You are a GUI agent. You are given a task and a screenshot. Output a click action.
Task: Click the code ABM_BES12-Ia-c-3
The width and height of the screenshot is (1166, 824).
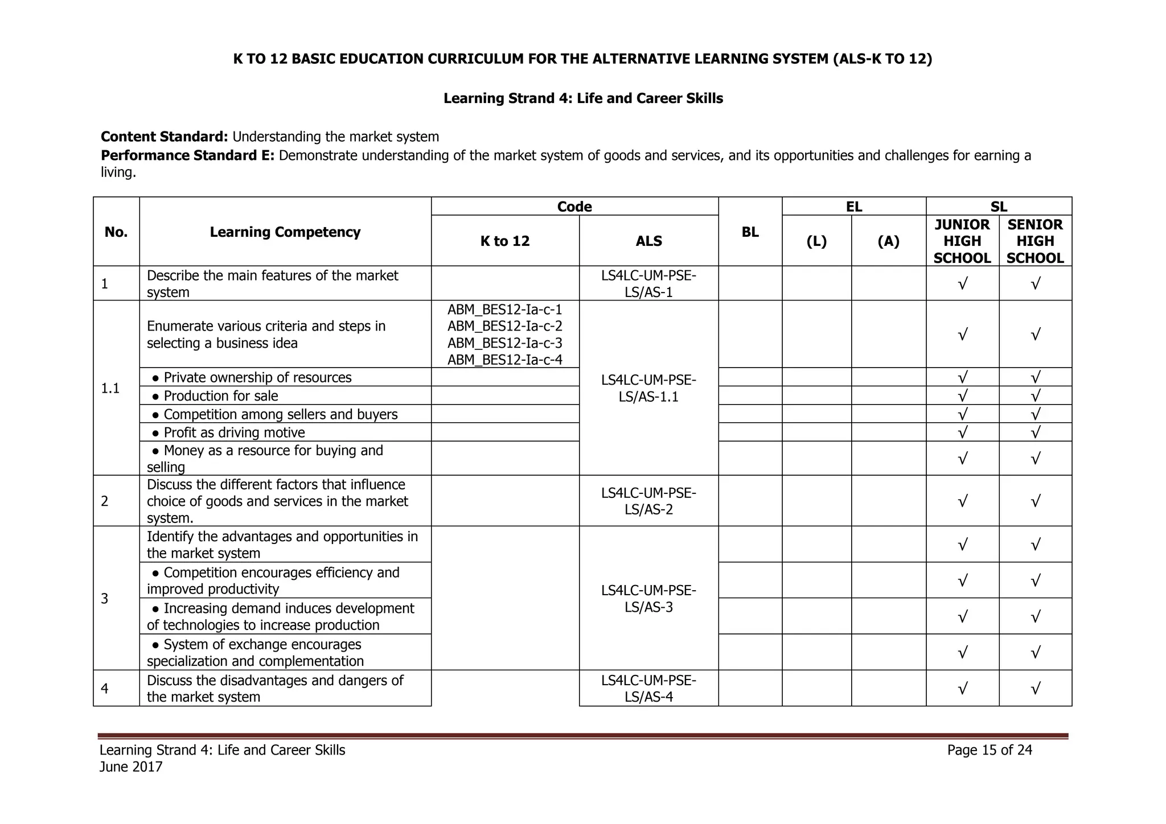pyautogui.click(x=504, y=343)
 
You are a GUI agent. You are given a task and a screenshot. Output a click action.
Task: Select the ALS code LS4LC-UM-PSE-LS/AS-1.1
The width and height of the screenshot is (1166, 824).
pyautogui.click(x=648, y=388)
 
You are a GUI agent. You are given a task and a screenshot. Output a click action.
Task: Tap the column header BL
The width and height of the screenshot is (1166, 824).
pyautogui.click(x=750, y=232)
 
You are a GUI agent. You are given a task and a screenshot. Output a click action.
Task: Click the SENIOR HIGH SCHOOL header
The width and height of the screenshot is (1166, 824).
pyautogui.click(x=1034, y=241)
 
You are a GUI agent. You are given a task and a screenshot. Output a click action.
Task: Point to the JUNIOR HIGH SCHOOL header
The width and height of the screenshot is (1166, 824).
pyautogui.click(x=962, y=241)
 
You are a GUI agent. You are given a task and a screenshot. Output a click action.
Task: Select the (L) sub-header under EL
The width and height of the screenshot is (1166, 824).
pyautogui.click(x=816, y=241)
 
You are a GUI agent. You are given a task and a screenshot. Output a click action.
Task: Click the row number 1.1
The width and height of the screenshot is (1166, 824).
pyautogui.click(x=110, y=388)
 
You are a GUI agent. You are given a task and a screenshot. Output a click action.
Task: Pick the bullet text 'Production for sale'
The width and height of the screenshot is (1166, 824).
pyautogui.click(x=221, y=395)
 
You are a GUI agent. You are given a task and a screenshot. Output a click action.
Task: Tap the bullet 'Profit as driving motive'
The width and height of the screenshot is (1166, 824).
pyautogui.click(x=234, y=432)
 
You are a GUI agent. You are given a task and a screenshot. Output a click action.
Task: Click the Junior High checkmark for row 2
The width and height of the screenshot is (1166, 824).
pyautogui.click(x=962, y=501)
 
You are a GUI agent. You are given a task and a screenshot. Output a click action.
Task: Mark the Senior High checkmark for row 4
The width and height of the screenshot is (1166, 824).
pyautogui.click(x=1035, y=689)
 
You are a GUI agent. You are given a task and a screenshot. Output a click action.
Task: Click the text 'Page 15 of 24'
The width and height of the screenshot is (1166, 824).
pyautogui.click(x=989, y=750)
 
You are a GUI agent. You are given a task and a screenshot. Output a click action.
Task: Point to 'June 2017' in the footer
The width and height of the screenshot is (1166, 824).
pyautogui.click(x=131, y=767)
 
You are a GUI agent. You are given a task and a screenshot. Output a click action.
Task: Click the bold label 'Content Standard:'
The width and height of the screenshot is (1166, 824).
pyautogui.click(x=165, y=137)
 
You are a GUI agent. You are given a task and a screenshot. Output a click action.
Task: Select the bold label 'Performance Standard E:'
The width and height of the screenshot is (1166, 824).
pyautogui.click(x=187, y=155)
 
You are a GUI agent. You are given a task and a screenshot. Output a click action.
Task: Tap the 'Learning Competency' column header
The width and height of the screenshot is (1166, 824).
pyautogui.click(x=285, y=232)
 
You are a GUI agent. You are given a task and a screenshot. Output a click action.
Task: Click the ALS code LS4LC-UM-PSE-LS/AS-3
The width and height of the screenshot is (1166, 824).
pyautogui.click(x=648, y=599)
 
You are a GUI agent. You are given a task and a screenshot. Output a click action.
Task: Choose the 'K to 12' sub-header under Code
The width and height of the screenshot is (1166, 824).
pyautogui.click(x=504, y=241)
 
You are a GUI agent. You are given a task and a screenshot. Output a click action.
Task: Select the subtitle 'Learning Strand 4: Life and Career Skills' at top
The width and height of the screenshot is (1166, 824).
pyautogui.click(x=583, y=98)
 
